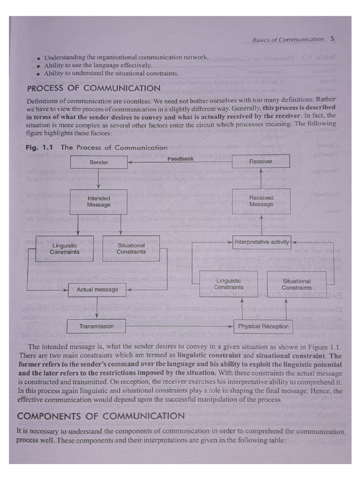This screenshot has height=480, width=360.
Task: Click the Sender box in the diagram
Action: tap(99, 162)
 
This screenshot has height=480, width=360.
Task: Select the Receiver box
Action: tap(261, 161)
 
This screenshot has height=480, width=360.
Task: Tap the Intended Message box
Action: tap(99, 202)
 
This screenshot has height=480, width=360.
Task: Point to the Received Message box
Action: tap(261, 201)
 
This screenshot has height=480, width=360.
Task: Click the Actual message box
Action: tap(97, 290)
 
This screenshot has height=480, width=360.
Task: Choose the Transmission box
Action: tap(97, 326)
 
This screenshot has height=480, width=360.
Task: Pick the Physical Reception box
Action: tap(263, 326)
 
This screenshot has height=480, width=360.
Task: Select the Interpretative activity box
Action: tap(262, 242)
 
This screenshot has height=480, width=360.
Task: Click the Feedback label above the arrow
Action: tap(180, 159)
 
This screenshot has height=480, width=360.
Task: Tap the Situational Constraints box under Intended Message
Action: tap(131, 248)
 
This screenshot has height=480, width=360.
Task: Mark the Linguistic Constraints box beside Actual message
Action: tap(229, 284)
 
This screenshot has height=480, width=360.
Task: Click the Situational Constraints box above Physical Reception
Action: tap(297, 284)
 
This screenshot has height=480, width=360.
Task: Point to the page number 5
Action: tap(332, 39)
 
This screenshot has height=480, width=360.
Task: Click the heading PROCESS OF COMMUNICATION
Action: tap(94, 88)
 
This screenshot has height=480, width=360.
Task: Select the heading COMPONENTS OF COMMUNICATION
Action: tap(101, 416)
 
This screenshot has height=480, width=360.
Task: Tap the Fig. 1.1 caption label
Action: tap(39, 147)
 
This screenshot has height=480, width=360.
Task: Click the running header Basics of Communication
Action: tap(288, 39)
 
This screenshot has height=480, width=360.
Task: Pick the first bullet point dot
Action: tap(39, 58)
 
